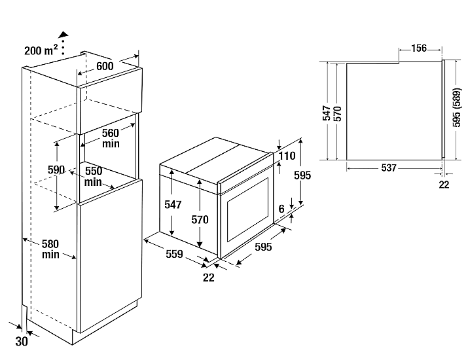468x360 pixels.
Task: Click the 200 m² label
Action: point(41,50)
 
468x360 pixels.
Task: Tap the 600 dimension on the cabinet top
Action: point(104,65)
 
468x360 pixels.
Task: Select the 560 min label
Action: point(111,137)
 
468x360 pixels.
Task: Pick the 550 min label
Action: point(93,175)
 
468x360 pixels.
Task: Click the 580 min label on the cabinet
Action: point(52,249)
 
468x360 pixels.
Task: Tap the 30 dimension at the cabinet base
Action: point(22,341)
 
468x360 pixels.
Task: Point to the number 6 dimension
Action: point(281,207)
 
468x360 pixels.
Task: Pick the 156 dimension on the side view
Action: point(419,48)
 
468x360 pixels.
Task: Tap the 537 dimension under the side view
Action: point(388,168)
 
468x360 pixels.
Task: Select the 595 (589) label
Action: point(456,109)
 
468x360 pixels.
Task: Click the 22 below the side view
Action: point(444,185)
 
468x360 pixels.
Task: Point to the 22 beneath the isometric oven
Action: point(209,278)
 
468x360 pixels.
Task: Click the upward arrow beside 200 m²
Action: point(63,35)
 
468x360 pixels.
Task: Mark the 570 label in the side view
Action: point(338,113)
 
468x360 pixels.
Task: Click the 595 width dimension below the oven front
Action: point(262,247)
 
